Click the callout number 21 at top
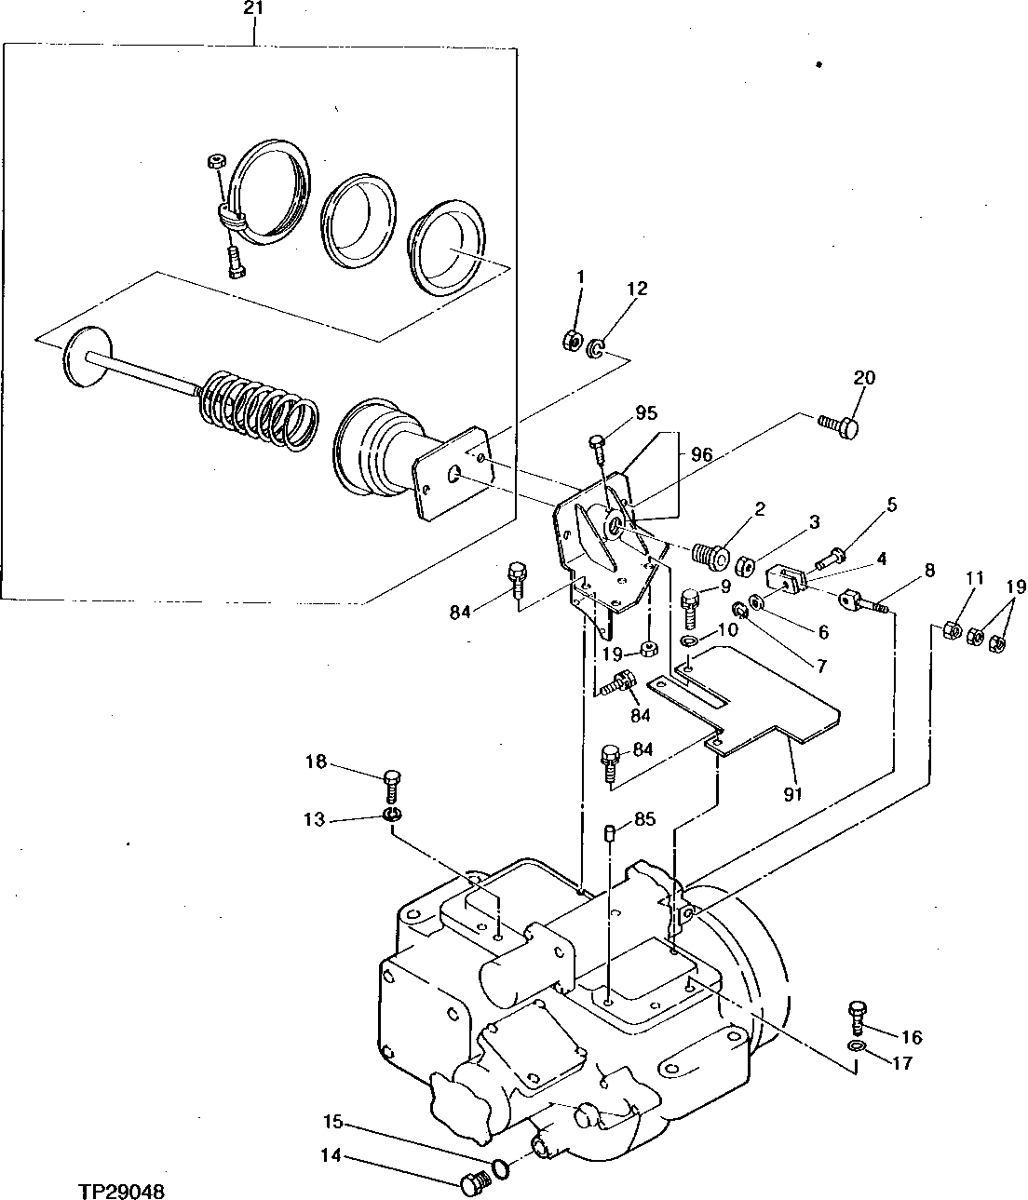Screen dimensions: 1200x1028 pos(254,8)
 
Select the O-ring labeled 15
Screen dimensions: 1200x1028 pos(501,1167)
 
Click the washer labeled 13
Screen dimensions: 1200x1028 pos(393,816)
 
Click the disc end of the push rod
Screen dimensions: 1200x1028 pos(83,357)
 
